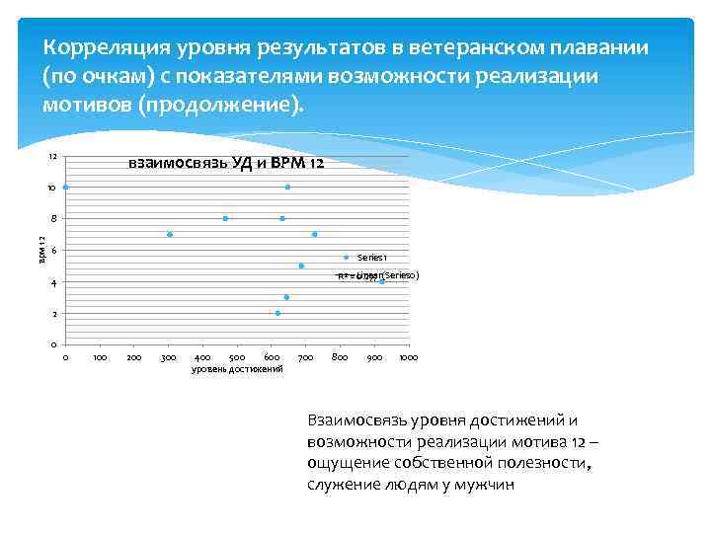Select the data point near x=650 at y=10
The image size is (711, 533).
pyautogui.click(x=287, y=187)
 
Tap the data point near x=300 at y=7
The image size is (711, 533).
pyautogui.click(x=170, y=234)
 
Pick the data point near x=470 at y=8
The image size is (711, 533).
pyautogui.click(x=225, y=218)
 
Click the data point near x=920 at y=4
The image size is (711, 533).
pyautogui.click(x=381, y=281)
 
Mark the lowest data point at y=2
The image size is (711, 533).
pyautogui.click(x=277, y=313)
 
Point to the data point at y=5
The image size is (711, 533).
pyautogui.click(x=301, y=266)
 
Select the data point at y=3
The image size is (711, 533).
pyautogui.click(x=286, y=297)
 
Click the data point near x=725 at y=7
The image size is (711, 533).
pyautogui.click(x=314, y=234)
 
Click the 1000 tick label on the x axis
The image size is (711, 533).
pyautogui.click(x=409, y=356)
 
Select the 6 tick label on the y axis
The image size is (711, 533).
pyautogui.click(x=54, y=251)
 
